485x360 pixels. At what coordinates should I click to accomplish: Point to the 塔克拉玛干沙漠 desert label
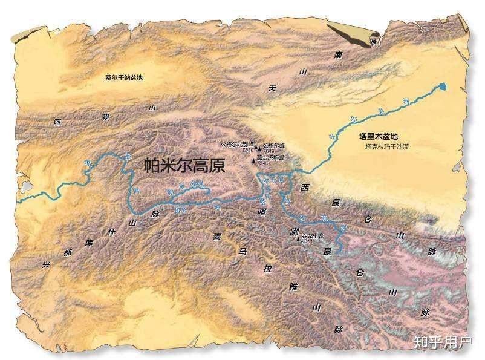[387, 147]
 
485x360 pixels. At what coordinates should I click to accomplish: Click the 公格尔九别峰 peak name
[236, 145]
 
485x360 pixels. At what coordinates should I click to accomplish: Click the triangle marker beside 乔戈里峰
[298, 238]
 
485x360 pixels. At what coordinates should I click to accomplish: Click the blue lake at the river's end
[444, 87]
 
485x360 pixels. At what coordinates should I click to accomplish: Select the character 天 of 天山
[273, 88]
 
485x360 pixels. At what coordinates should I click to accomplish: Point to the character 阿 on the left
[57, 122]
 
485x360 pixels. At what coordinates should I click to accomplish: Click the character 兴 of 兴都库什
[45, 264]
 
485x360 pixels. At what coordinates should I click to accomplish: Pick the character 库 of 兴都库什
[88, 243]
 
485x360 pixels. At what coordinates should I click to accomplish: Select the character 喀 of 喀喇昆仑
[262, 212]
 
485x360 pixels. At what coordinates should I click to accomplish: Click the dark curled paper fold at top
[351, 33]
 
